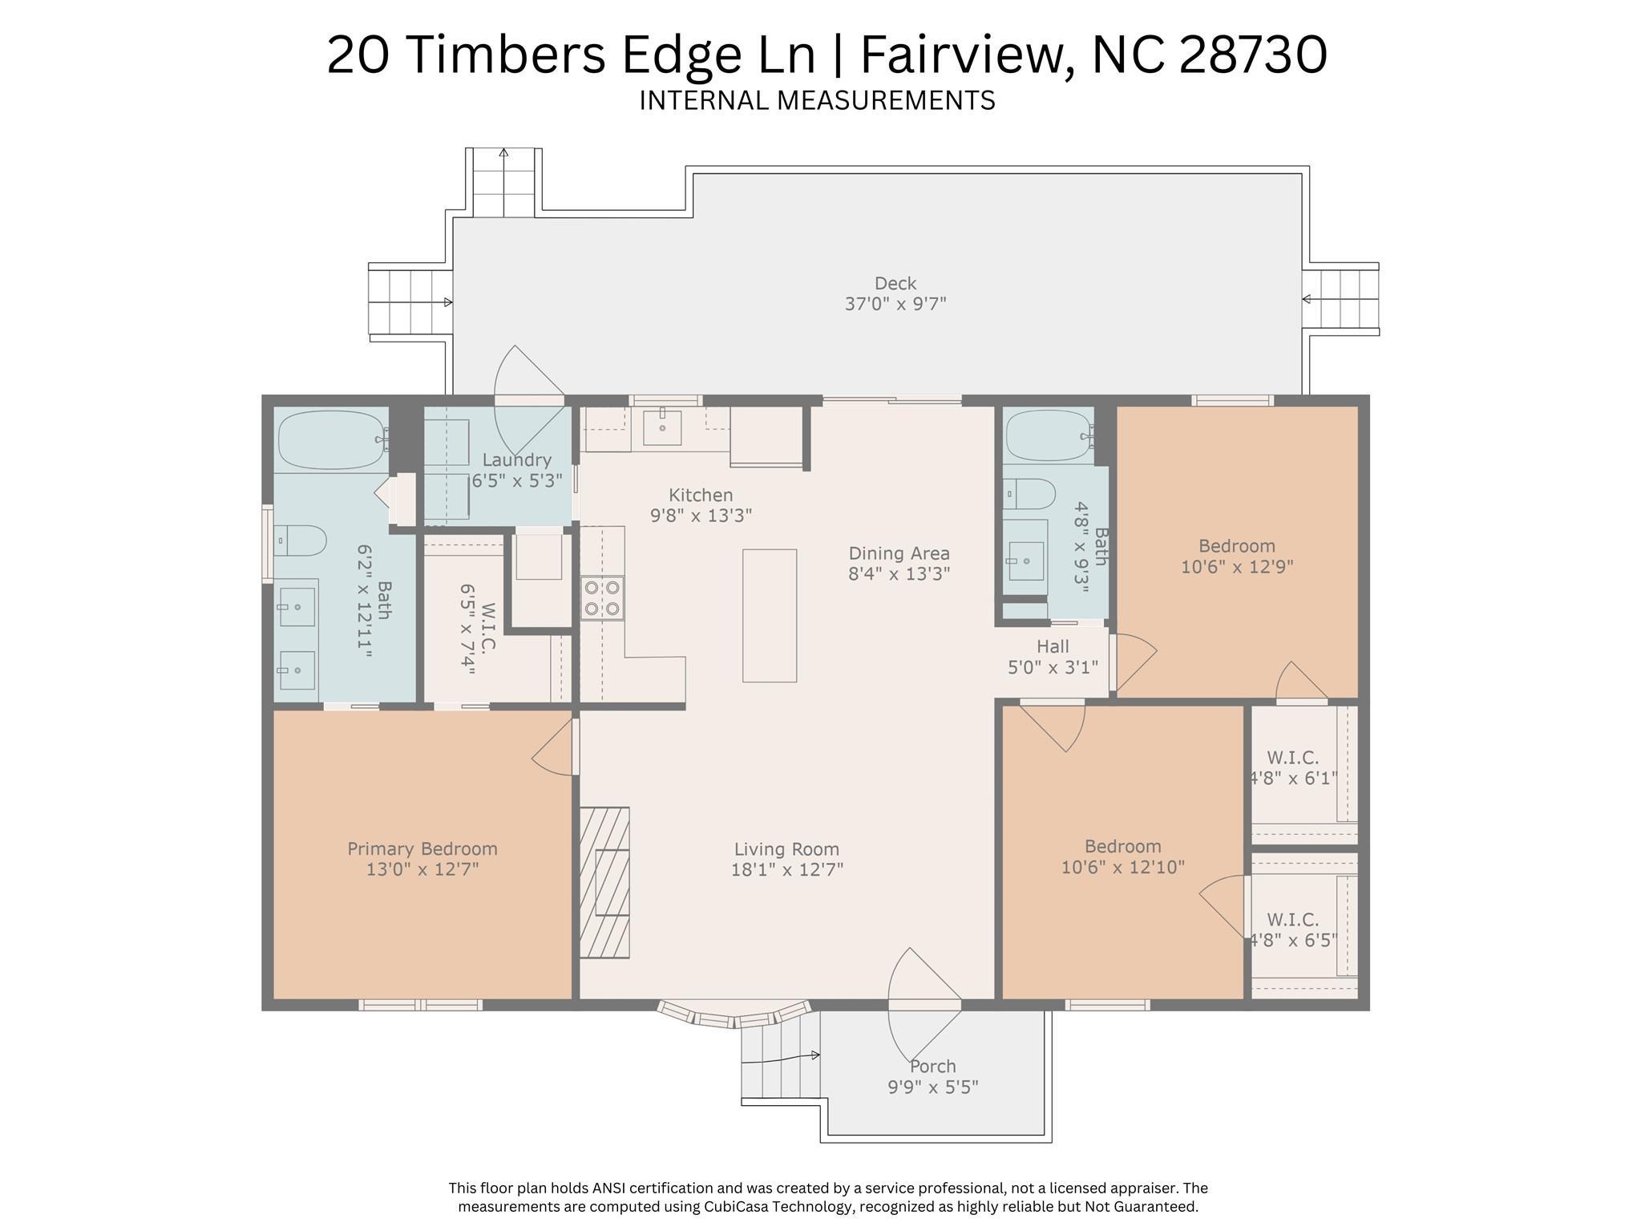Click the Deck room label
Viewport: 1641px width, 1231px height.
(x=895, y=283)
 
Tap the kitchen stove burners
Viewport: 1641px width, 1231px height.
(x=603, y=597)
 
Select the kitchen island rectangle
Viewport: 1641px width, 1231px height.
(x=769, y=615)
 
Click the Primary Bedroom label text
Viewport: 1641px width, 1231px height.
(x=422, y=848)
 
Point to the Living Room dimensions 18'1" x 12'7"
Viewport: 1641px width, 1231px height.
(x=786, y=869)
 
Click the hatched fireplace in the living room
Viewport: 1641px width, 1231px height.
(x=604, y=882)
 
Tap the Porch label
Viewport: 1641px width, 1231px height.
(x=932, y=1067)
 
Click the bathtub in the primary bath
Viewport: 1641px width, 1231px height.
(x=331, y=439)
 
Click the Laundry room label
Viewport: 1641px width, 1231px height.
(x=516, y=460)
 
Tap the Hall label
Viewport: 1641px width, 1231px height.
(x=1052, y=646)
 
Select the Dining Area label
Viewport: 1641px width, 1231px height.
(x=899, y=553)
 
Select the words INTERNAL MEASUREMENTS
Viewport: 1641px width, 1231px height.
(x=817, y=101)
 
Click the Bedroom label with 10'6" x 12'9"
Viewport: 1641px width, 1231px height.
(x=1236, y=557)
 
